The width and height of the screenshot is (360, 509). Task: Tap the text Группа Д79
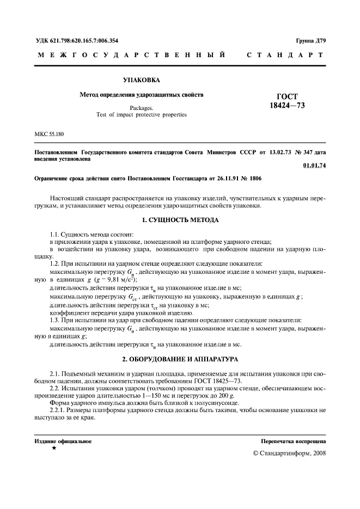[310, 41]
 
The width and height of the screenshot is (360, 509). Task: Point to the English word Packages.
[141, 108]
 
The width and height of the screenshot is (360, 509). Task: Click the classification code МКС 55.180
[52, 133]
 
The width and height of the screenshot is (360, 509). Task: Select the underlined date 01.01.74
[314, 166]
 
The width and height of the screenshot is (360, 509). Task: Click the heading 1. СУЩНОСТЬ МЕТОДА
[180, 220]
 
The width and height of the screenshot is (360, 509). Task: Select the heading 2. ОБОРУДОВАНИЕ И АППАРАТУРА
[180, 359]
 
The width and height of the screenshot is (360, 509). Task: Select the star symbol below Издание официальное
[53, 448]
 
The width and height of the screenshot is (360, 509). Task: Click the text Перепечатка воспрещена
[293, 441]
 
